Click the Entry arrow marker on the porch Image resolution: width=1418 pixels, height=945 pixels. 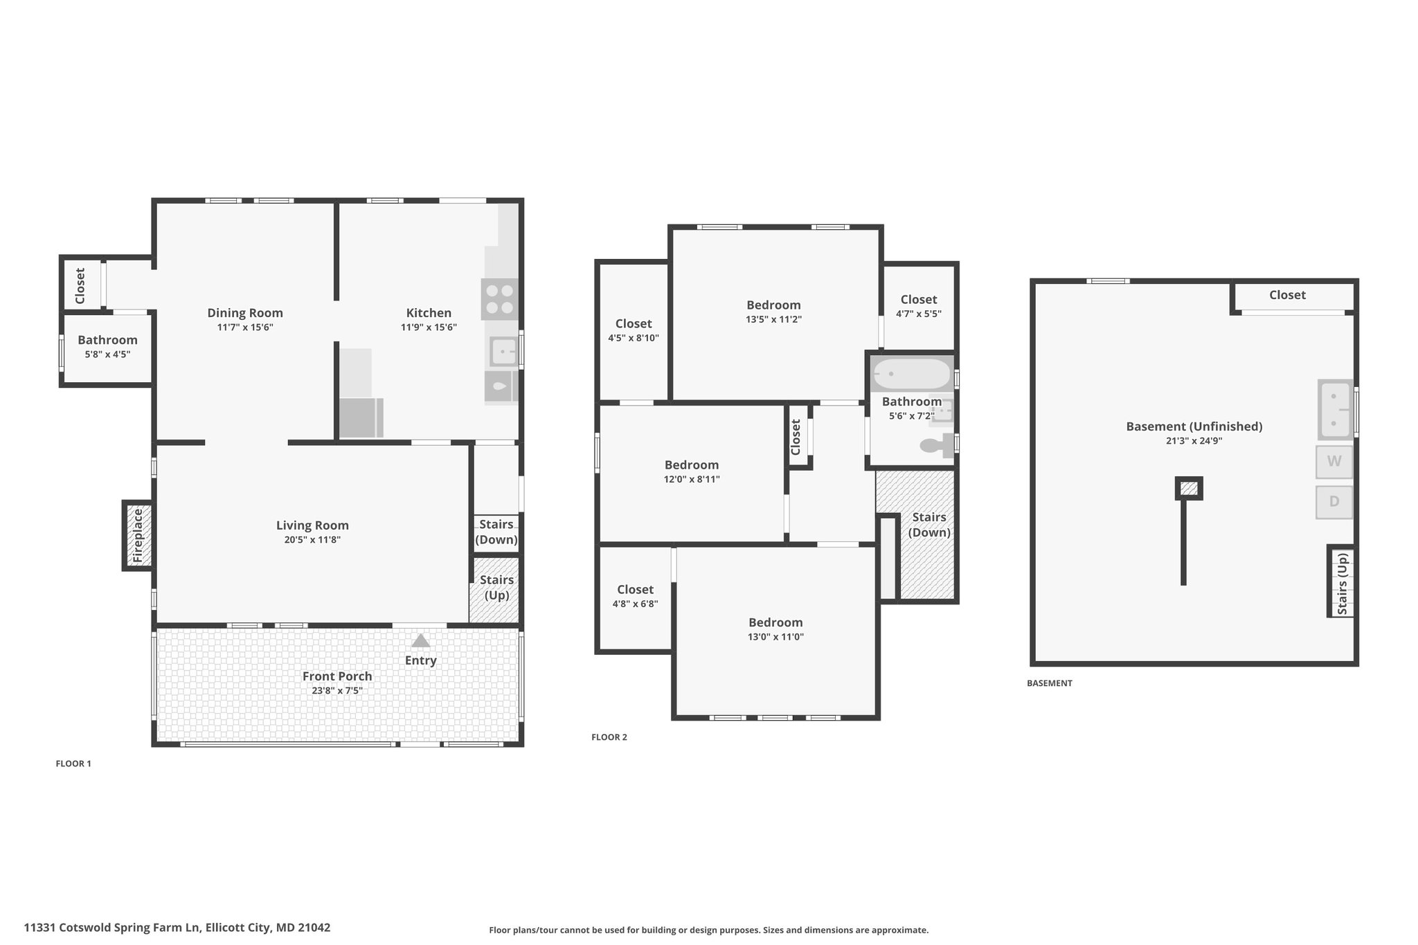pos(420,640)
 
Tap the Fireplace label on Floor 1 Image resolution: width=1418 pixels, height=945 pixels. pos(138,536)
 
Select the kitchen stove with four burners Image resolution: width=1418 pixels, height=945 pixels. pos(499,299)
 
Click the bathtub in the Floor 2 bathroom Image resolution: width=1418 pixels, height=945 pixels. pos(911,374)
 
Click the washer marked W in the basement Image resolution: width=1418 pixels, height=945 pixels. pos(1334,461)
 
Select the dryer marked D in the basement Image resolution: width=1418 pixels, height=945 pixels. pos(1334,502)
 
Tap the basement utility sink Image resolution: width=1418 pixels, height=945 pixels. pos(1335,409)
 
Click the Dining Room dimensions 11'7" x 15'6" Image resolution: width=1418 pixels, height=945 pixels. pos(245,327)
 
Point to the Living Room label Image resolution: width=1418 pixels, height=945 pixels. pos(312,525)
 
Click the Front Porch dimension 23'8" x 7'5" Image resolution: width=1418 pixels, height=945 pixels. pos(337,691)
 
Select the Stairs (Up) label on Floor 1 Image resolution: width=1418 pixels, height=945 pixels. pos(496,588)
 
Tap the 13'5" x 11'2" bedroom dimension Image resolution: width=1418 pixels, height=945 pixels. pos(773,320)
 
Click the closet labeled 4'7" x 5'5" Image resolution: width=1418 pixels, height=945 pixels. pos(918,306)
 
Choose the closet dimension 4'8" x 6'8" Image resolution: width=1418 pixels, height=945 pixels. pos(635,604)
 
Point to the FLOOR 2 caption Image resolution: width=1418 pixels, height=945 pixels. pos(609,737)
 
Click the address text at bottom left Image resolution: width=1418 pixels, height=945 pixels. pos(177,928)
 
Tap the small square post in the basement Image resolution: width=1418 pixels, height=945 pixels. pos(1189,489)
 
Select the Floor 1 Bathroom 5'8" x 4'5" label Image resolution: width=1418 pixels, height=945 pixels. pos(107,346)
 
